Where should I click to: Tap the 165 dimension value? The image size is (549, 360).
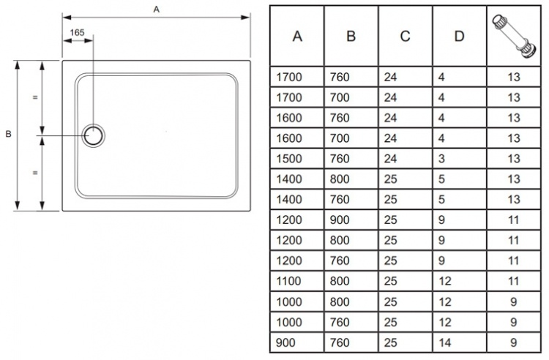[77, 32]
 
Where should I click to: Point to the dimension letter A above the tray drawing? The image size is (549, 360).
[157, 10]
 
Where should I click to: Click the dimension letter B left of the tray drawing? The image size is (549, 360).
[8, 134]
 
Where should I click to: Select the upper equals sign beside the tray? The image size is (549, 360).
[35, 97]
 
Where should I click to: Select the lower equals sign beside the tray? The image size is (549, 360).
[35, 173]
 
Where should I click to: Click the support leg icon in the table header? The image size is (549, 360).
[514, 36]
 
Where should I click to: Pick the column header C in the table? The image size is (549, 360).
[405, 36]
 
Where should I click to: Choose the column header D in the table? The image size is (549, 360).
[459, 36]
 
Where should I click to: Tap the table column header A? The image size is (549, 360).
[297, 36]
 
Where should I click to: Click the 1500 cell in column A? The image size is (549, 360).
[289, 159]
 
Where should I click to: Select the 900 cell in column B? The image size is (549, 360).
[340, 220]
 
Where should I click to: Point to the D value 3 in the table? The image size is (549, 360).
[441, 159]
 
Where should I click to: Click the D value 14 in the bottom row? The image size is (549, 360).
[444, 343]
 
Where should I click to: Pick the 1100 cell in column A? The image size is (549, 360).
[288, 281]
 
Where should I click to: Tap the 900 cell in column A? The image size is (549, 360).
[285, 343]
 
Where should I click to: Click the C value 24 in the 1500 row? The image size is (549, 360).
[390, 159]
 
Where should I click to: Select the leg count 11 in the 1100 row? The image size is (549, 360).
[514, 281]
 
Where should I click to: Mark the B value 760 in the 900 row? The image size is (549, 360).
[340, 343]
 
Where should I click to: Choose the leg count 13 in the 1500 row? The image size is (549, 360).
[514, 159]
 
